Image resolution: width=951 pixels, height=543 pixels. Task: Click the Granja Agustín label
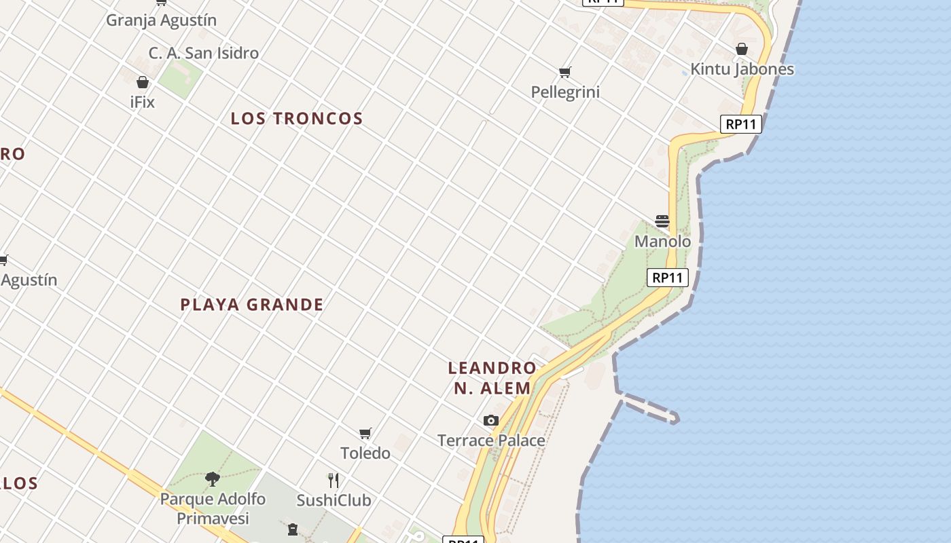pos(161,20)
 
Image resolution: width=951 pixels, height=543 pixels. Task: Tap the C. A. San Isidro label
pos(204,53)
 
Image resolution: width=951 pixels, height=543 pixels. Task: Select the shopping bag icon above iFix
pos(143,83)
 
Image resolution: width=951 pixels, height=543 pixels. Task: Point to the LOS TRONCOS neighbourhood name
pos(297,119)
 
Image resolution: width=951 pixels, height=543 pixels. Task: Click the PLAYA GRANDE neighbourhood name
pos(252,305)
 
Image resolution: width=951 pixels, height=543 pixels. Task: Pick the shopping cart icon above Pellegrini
pos(564,72)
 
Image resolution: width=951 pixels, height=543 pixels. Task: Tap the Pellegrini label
pos(565,92)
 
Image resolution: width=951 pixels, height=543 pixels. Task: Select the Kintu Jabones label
pos(742,69)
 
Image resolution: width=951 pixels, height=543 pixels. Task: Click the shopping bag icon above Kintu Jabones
pos(742,49)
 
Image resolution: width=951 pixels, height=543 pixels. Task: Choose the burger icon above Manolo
pos(662,221)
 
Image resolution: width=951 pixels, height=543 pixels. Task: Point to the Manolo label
pos(662,242)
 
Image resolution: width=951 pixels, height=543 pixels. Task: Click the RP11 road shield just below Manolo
pos(667,278)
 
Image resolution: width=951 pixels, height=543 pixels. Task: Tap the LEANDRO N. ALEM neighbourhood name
pos(492,378)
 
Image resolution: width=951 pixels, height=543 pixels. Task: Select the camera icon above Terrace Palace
pos(491,421)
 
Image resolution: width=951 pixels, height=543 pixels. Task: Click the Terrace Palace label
pos(491,441)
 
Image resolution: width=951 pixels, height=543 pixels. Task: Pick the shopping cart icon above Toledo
pos(365,433)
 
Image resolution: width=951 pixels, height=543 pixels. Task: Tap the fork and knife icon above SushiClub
pos(334,481)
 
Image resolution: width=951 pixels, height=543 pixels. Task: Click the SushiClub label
pos(334,500)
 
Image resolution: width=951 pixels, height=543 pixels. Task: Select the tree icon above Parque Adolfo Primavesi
pos(213,479)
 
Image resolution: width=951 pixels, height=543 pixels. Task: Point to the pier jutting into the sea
pos(649,407)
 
